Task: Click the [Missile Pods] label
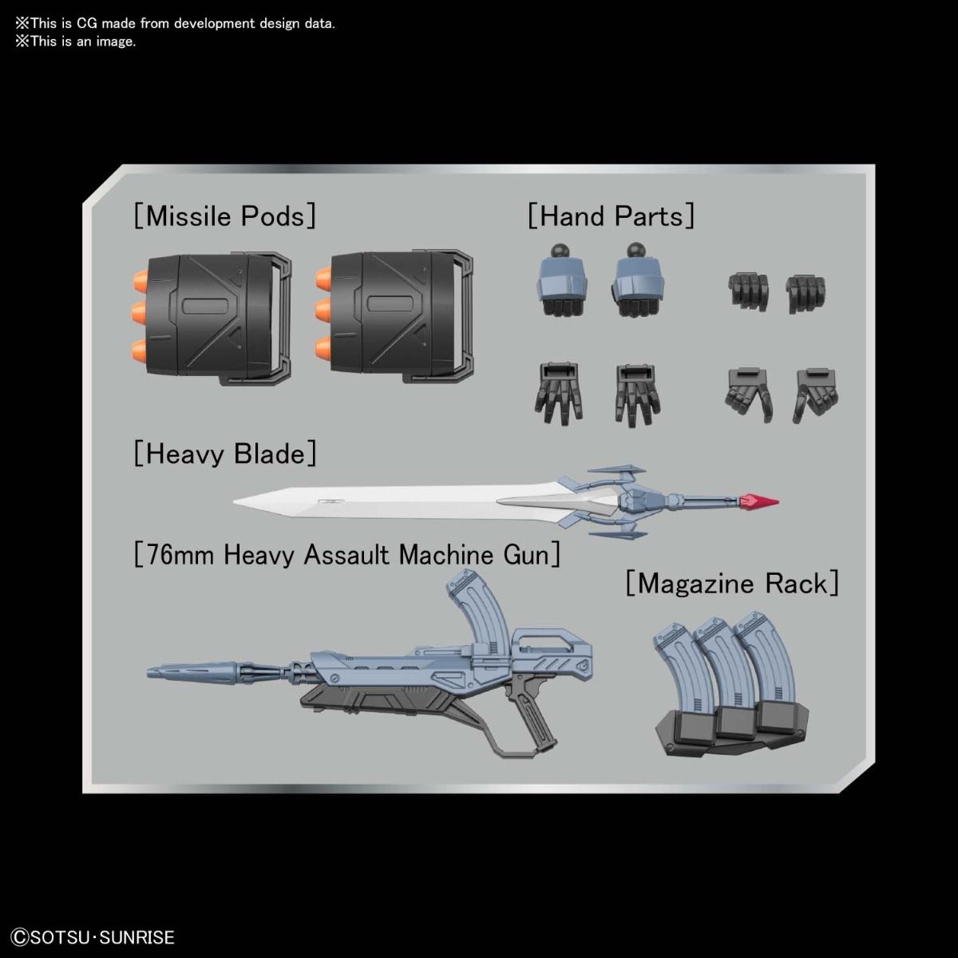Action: pyautogui.click(x=224, y=216)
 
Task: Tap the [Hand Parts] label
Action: pyautogui.click(x=611, y=216)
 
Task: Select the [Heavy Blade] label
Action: pyautogui.click(x=224, y=454)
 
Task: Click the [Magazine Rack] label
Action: pyautogui.click(x=732, y=583)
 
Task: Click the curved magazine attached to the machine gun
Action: pyautogui.click(x=478, y=612)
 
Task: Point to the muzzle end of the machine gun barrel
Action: pyautogui.click(x=149, y=673)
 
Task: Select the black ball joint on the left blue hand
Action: pyautogui.click(x=560, y=251)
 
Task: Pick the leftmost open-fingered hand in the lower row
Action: pyautogui.click(x=559, y=394)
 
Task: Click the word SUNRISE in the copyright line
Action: pyautogui.click(x=137, y=937)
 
